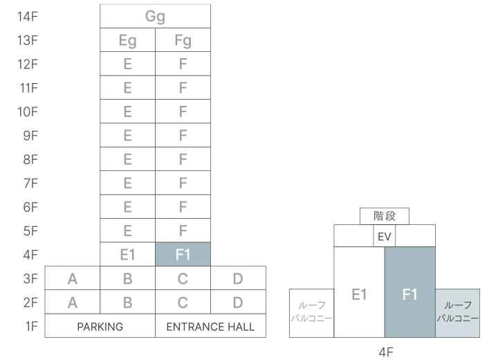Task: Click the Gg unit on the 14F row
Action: tap(155, 17)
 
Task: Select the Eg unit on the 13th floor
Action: tap(127, 41)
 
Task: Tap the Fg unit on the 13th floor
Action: tap(183, 41)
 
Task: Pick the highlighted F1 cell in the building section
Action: tap(183, 255)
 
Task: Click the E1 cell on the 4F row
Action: tap(127, 255)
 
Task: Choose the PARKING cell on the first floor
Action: tap(100, 326)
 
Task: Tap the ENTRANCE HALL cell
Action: tap(210, 326)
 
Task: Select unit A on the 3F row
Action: tap(72, 279)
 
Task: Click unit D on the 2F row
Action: tap(238, 303)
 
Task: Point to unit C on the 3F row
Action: tap(183, 279)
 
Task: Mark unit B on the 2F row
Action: tap(127, 303)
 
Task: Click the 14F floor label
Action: tap(27, 17)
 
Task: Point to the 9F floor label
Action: tap(30, 136)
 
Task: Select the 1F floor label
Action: tap(30, 326)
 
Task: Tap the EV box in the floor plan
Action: tap(385, 236)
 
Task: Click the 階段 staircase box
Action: tap(384, 216)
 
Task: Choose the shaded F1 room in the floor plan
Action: tap(409, 294)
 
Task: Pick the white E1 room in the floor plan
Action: tap(359, 294)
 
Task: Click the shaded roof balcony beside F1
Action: tap(457, 313)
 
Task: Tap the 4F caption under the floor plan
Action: tap(385, 351)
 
